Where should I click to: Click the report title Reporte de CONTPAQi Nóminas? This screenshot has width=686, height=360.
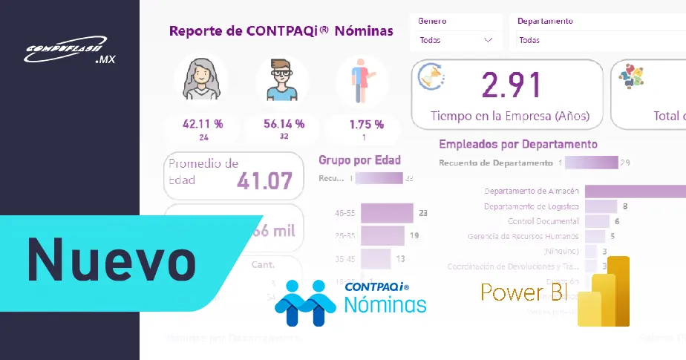[281, 31]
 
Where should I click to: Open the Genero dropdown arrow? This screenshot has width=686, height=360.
[488, 40]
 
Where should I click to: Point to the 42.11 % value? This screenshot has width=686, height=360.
[202, 124]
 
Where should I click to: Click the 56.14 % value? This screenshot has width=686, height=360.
[284, 124]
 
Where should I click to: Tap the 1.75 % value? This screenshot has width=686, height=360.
[366, 124]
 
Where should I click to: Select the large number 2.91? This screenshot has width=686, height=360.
[510, 85]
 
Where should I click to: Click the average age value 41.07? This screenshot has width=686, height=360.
[264, 180]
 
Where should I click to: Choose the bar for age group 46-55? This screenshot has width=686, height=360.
[386, 213]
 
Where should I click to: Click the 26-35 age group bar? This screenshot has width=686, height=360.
[382, 236]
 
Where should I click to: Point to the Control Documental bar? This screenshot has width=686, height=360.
[597, 221]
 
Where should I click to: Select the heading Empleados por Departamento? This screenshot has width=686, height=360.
[518, 144]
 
